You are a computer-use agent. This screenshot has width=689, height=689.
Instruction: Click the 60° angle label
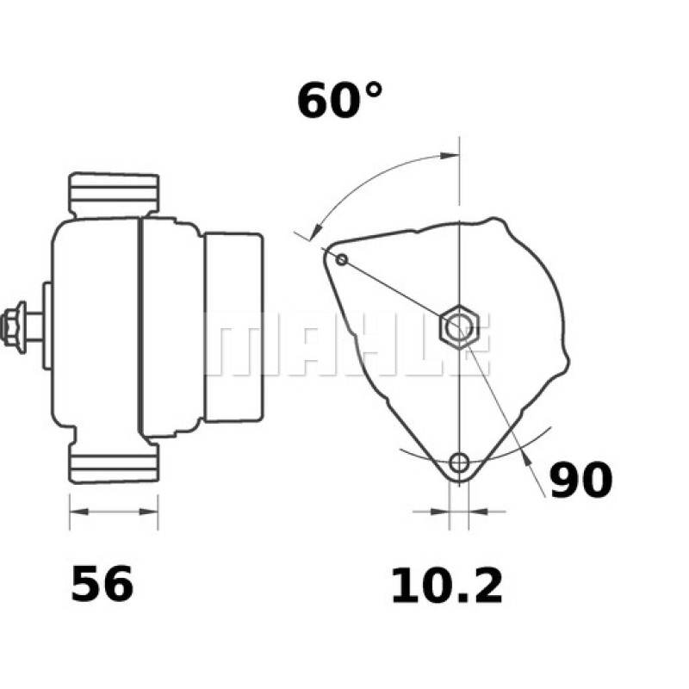coord(339,101)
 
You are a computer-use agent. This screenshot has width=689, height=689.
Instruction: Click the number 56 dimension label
coord(102,585)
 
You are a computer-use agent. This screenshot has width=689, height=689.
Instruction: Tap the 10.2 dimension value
coord(446,587)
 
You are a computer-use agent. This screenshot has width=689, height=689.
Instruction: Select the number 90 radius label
coord(580,481)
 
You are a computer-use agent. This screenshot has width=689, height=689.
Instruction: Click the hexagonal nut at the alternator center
coord(458,328)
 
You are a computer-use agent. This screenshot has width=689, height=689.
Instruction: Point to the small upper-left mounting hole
coord(342,259)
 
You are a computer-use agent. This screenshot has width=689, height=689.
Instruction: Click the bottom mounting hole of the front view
coord(461,462)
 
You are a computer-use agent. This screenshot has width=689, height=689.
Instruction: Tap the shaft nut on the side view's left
coord(14,327)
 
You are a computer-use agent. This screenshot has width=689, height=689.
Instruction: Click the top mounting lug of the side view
coord(114,195)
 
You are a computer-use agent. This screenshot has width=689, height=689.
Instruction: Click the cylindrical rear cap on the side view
coord(233,327)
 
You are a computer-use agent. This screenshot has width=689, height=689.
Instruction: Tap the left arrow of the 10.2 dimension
coord(442,512)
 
